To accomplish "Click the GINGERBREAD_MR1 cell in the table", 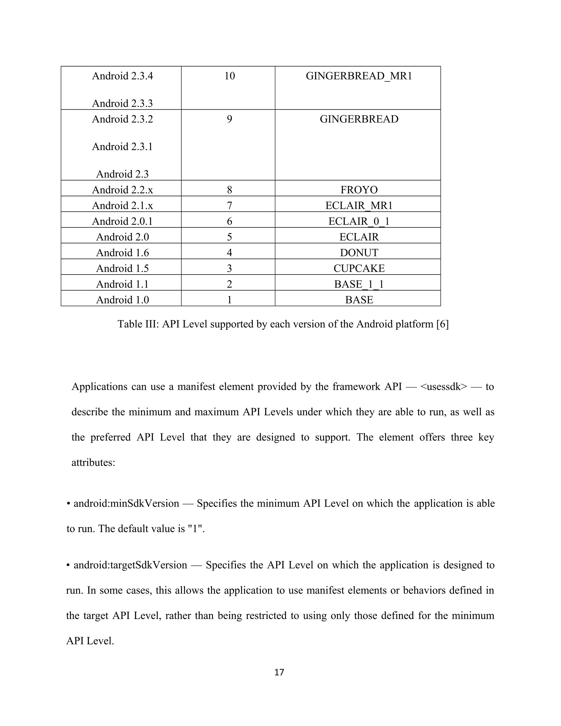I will (x=359, y=76).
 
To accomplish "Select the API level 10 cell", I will (x=229, y=76).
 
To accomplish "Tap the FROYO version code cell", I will (x=359, y=190).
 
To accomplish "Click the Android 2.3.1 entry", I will (x=122, y=147).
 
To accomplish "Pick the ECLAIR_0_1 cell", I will (x=359, y=221).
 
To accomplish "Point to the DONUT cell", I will (x=359, y=253).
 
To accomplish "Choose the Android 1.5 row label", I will (x=122, y=268).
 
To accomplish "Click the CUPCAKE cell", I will (x=359, y=268).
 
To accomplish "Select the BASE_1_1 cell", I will (x=359, y=284).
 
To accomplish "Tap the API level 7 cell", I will (x=229, y=205).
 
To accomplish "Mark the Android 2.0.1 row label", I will (x=122, y=221).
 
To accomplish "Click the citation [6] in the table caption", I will (x=442, y=324).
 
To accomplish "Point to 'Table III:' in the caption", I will (x=138, y=324).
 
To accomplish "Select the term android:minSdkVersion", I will (x=126, y=503).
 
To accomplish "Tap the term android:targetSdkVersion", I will (x=130, y=565).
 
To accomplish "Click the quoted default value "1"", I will (x=195, y=528).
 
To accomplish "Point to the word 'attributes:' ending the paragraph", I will (x=93, y=462).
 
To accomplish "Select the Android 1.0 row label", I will (x=122, y=300).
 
